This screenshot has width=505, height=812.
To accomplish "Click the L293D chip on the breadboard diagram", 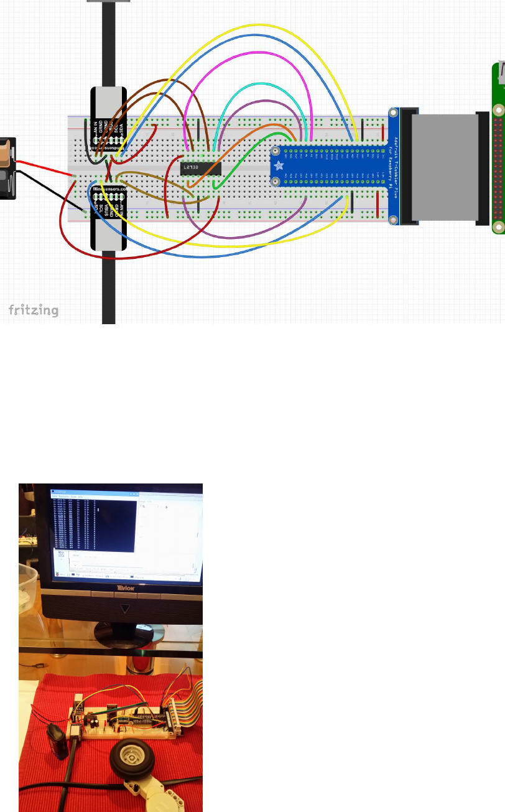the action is tap(201, 168).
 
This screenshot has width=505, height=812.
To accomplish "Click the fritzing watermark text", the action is tap(34, 310).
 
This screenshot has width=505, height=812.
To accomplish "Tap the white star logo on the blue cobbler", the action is tap(278, 166).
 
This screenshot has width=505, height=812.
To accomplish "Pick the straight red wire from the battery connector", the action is tap(44, 168).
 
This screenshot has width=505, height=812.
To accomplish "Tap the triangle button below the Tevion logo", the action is tap(126, 608).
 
